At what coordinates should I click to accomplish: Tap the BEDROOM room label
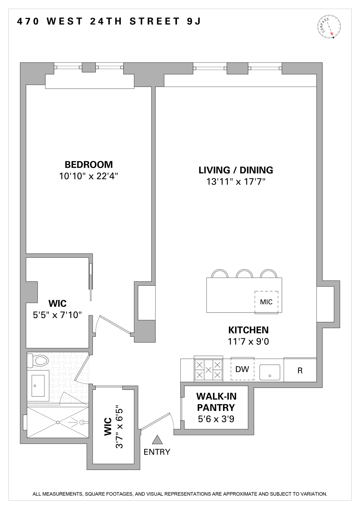(x=89, y=165)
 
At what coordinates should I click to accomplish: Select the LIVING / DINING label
(x=236, y=170)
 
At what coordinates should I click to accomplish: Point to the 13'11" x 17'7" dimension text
(x=236, y=182)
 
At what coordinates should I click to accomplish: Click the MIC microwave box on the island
(x=266, y=302)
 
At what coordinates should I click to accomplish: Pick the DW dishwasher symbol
(x=242, y=369)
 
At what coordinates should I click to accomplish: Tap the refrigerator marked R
(x=300, y=370)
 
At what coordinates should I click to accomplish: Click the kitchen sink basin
(x=270, y=372)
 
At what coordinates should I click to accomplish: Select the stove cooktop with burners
(x=208, y=370)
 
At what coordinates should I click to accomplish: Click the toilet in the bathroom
(x=38, y=360)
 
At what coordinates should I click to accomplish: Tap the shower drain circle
(x=58, y=422)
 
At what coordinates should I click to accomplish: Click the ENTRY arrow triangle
(x=157, y=440)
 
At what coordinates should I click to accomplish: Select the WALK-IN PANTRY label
(x=216, y=402)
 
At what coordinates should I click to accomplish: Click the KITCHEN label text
(x=248, y=330)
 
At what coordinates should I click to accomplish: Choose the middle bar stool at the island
(x=245, y=274)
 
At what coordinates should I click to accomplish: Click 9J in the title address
(x=194, y=21)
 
